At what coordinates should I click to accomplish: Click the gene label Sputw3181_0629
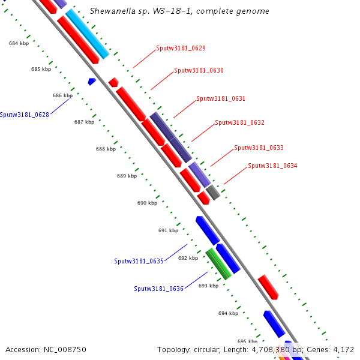(181, 48)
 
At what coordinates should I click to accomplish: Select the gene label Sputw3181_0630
(199, 70)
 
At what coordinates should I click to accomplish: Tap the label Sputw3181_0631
(221, 98)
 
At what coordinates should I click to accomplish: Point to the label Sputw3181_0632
(239, 122)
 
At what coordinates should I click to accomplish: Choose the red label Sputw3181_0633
(259, 148)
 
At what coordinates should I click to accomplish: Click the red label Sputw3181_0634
(272, 166)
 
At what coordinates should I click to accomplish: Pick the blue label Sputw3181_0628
(25, 115)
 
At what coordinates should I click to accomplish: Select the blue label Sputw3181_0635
(139, 261)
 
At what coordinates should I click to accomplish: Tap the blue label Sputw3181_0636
(158, 289)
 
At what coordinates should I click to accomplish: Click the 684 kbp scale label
(19, 43)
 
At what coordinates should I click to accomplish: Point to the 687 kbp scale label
(84, 122)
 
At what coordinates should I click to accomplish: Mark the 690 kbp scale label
(147, 203)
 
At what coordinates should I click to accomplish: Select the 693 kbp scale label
(208, 286)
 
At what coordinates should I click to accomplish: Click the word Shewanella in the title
(110, 11)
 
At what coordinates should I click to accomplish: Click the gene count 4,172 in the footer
(342, 349)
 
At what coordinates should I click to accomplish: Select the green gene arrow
(219, 265)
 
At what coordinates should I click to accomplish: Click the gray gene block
(213, 193)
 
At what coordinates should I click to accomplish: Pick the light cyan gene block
(88, 34)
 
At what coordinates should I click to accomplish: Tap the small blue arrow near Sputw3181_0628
(92, 81)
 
